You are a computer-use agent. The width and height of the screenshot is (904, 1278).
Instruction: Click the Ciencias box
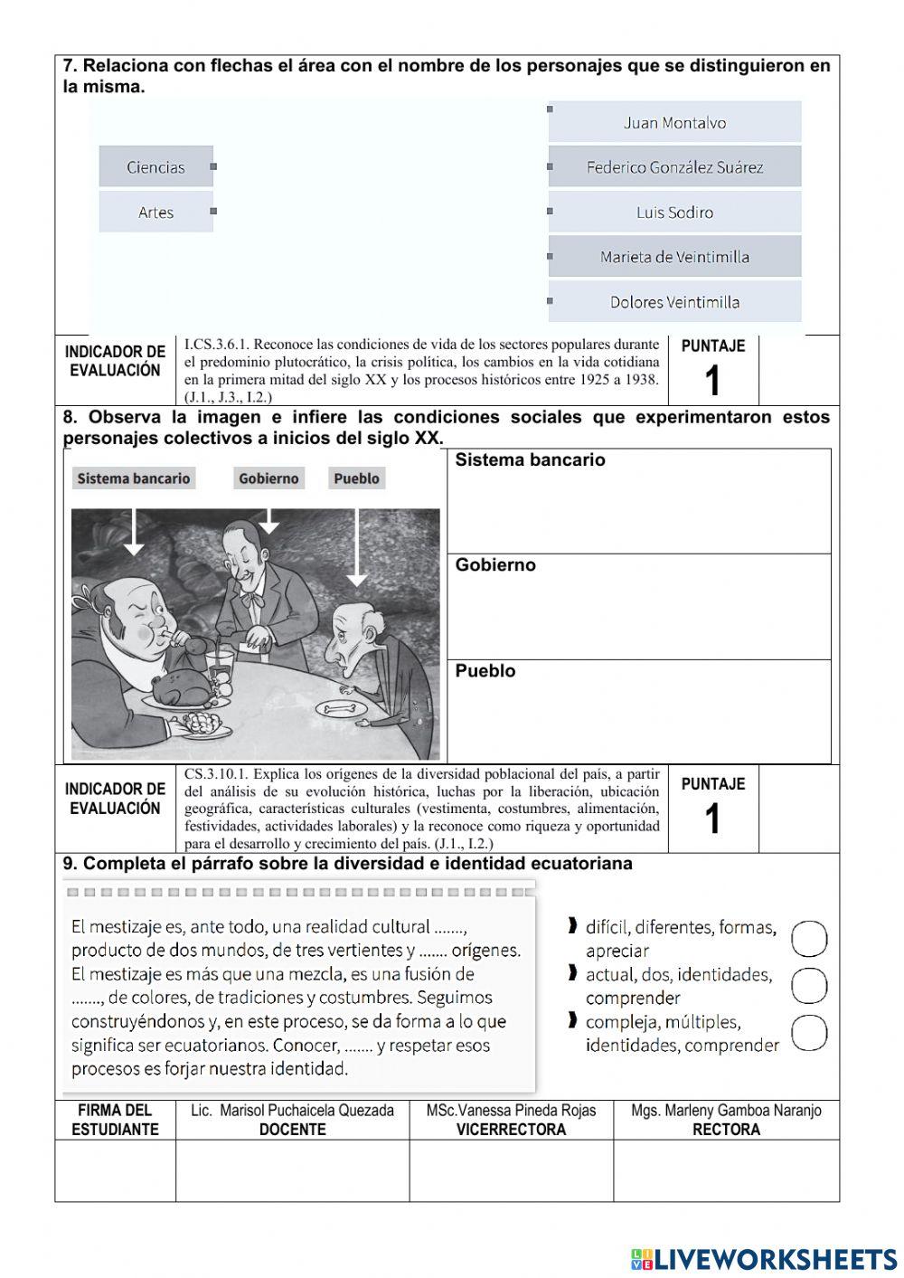coord(155,167)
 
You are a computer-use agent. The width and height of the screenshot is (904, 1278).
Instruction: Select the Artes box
coord(155,213)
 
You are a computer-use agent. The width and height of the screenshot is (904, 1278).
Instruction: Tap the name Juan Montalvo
coord(674,123)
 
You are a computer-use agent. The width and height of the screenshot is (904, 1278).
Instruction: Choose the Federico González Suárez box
coord(674,167)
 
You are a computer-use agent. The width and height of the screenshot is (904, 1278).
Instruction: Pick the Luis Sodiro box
coord(674,213)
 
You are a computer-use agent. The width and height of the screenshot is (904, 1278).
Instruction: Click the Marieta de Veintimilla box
coord(674,257)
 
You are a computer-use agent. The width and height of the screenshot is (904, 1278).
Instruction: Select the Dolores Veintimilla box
coord(674,302)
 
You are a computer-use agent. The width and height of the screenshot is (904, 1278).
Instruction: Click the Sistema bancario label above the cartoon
coord(134,478)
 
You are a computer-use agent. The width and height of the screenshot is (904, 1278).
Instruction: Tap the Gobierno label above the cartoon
coord(268,478)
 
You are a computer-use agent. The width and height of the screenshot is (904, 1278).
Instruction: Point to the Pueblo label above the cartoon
coord(356,478)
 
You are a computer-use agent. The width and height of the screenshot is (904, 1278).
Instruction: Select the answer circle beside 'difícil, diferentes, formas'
coord(809,939)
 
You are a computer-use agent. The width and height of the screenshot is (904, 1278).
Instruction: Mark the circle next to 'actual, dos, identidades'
coord(809,986)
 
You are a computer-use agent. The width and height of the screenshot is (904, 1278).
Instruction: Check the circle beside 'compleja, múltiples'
coord(809,1033)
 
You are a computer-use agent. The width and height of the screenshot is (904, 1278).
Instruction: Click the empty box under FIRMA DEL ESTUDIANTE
coord(115,1170)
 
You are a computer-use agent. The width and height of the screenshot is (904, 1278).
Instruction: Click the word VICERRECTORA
coord(511,1130)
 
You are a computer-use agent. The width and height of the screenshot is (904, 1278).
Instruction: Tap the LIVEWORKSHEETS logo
coord(764,1259)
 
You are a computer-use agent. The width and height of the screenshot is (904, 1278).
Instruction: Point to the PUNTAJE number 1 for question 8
coord(712,819)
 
